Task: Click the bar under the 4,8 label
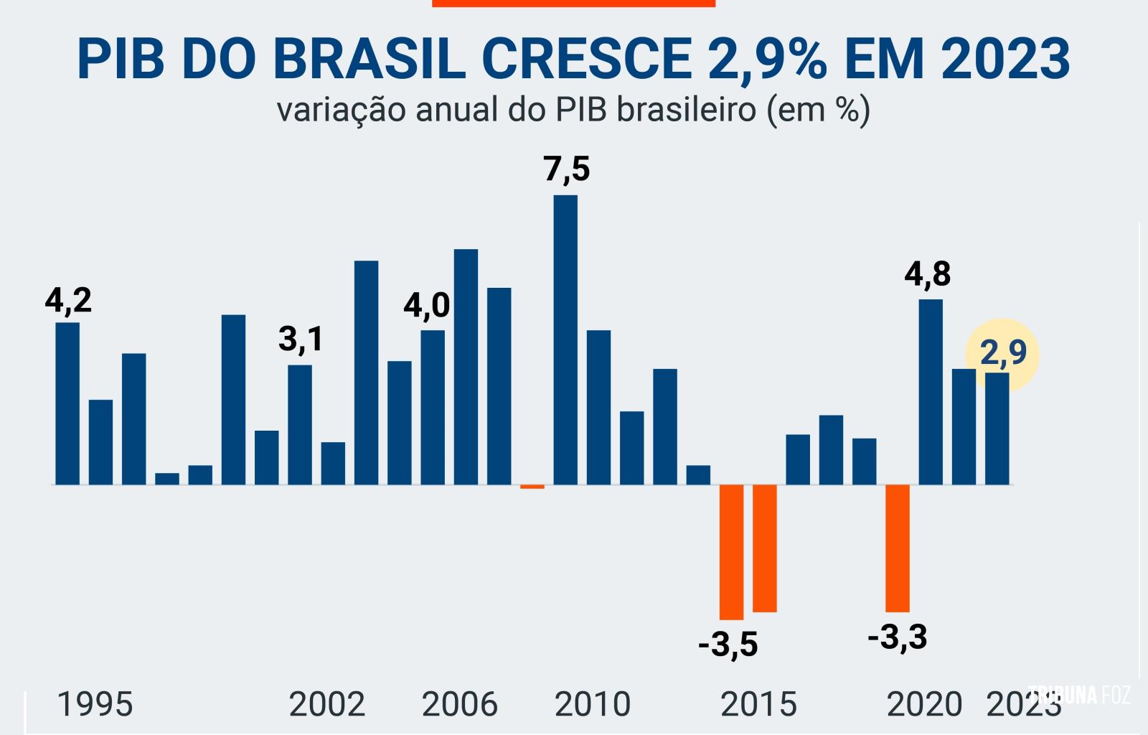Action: pos(931,392)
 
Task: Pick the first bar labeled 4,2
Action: pos(67,403)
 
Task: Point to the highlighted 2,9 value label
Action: pos(1002,353)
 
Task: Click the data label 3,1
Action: pos(301,339)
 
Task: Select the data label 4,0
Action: pos(426,306)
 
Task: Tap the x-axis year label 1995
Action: pos(95,704)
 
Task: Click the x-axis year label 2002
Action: pos(327,704)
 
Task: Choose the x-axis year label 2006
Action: pos(459,704)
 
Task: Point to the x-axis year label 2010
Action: pos(593,704)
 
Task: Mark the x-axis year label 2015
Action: pos(758,704)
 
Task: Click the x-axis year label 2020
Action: pos(924,704)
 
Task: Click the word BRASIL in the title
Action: pos(369,59)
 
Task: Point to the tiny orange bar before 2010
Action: pos(532,487)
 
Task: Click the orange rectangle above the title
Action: pos(573,3)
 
